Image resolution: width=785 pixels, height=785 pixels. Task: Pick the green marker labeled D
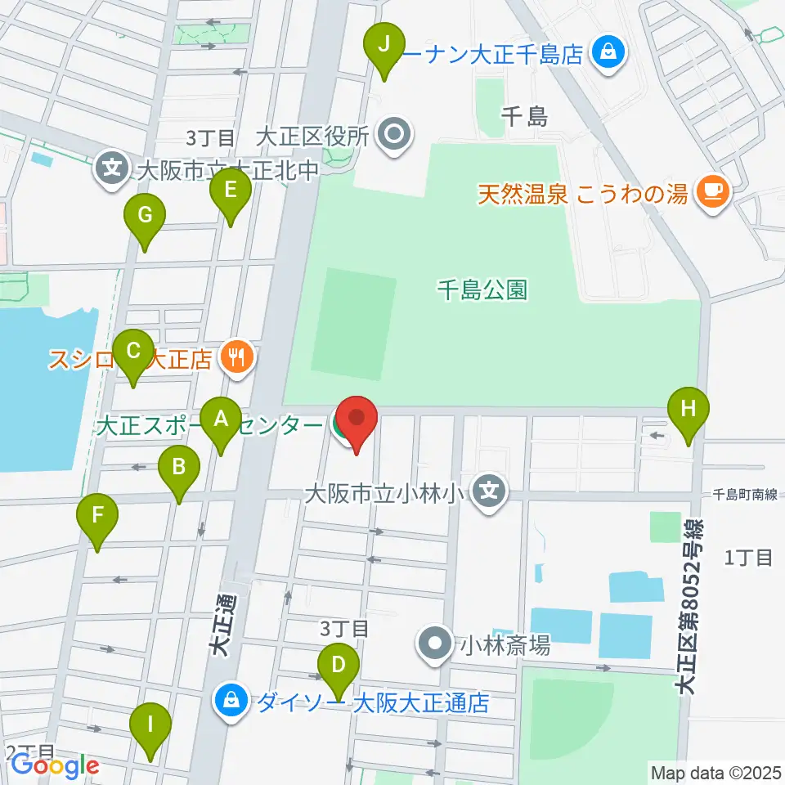(x=337, y=662)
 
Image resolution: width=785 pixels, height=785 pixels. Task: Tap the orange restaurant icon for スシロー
(x=236, y=357)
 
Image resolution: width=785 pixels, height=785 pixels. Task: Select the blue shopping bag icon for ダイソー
(x=231, y=701)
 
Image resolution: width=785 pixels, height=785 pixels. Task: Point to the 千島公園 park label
(x=482, y=289)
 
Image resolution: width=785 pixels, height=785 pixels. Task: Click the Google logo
(x=55, y=766)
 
